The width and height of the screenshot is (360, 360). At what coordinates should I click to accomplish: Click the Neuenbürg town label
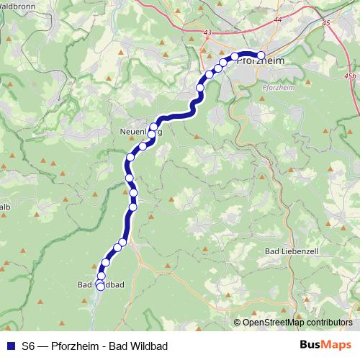point(141,132)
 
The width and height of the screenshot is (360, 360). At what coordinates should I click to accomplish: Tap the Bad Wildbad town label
point(101,285)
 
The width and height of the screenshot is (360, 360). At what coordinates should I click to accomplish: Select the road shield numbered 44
point(278,19)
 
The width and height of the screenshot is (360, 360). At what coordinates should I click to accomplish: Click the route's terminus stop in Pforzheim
point(261,55)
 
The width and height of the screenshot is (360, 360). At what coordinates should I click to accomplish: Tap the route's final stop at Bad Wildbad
point(100,287)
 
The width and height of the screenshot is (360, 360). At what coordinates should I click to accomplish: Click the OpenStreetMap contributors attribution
point(297,323)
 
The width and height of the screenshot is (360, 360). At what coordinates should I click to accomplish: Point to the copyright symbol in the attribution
point(238,323)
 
